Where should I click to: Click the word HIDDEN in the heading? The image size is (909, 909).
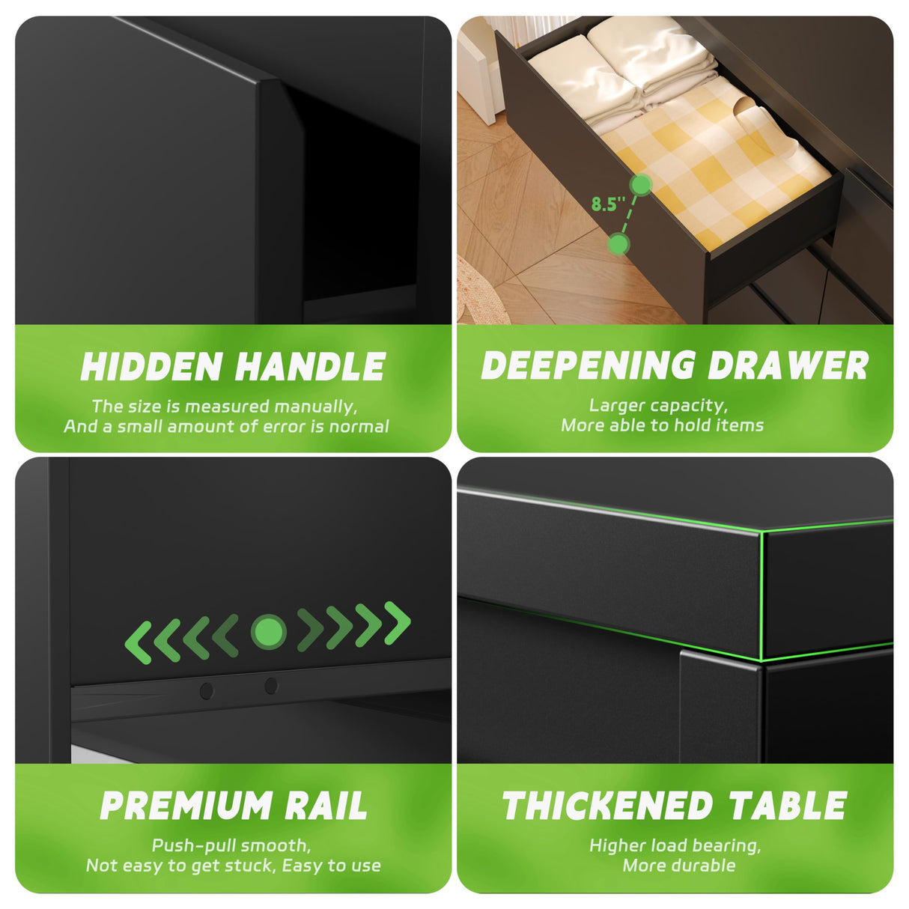tap(151, 367)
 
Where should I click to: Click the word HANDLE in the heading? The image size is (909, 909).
tap(310, 367)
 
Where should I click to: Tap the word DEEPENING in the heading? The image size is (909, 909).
tap(589, 365)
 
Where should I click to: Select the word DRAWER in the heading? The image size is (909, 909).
tap(788, 365)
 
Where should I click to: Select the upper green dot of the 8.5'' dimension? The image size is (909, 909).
tap(640, 184)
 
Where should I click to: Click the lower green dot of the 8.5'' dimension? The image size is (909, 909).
tap(618, 243)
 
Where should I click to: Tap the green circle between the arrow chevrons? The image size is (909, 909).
tap(268, 632)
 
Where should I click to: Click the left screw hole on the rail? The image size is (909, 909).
tap(207, 690)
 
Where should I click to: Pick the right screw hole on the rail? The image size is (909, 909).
tap(271, 685)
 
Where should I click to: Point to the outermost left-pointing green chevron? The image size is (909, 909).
tap(138, 642)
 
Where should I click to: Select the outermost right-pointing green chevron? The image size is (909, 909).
tap(398, 622)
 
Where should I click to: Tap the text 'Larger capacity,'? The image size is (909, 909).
tap(658, 406)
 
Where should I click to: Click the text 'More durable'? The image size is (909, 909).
tap(679, 866)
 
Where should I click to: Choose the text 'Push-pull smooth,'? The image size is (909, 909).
tap(231, 845)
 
